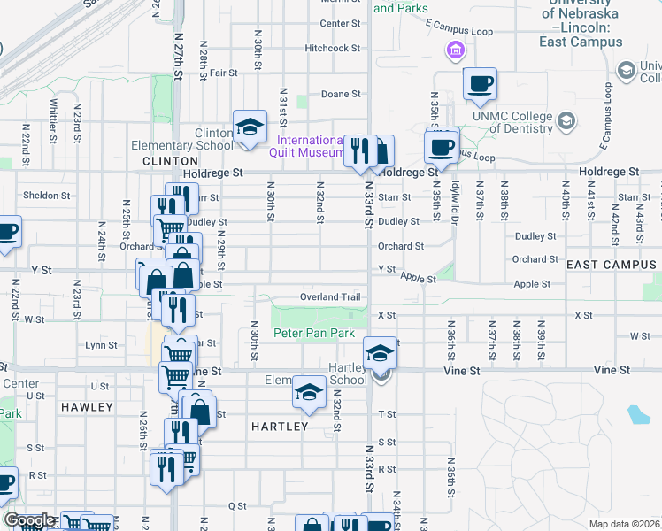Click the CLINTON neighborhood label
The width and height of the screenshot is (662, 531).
169,161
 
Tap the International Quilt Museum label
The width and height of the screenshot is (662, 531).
310,147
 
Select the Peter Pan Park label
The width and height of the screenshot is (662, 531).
313,333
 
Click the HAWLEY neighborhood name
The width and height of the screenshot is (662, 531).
88,407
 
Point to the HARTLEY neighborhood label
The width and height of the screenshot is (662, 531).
280,427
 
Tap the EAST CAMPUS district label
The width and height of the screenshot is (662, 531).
612,265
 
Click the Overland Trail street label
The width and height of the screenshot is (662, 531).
331,297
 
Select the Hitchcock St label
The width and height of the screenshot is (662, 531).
332,49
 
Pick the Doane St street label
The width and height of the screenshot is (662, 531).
341,94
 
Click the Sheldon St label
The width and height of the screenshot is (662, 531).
46,196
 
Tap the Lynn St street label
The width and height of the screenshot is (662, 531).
101,345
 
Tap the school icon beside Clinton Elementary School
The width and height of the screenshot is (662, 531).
250,127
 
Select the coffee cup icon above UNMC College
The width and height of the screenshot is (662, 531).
480,83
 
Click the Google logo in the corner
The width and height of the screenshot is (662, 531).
29,520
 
